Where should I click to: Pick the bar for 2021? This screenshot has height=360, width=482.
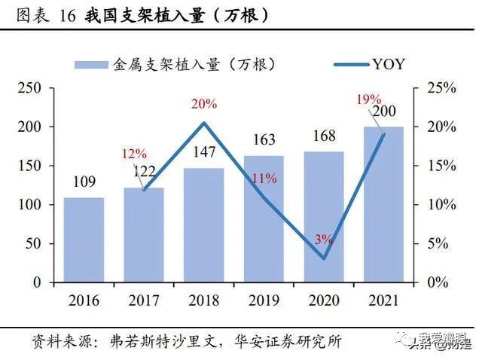pos(383,204)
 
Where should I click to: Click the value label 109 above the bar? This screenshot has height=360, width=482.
pos(84,182)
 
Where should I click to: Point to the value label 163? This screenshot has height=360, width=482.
pos(263,139)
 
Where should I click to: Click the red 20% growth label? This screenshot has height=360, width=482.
pos(204,104)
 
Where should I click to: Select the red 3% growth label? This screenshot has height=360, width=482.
pos(324,239)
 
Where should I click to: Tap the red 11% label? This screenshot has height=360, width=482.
pos(264,179)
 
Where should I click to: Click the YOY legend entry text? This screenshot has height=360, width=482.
pos(388,64)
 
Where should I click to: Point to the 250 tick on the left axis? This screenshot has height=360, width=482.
pos(29,88)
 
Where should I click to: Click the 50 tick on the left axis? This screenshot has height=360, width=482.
pos(32,243)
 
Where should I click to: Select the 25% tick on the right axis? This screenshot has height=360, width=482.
pos(438,88)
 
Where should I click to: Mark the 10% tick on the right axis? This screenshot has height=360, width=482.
pos(438,205)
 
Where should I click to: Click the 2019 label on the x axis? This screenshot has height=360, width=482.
pos(264,301)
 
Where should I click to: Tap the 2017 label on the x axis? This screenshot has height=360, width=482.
pos(144,301)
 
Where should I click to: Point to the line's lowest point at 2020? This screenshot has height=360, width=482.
pos(324,258)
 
